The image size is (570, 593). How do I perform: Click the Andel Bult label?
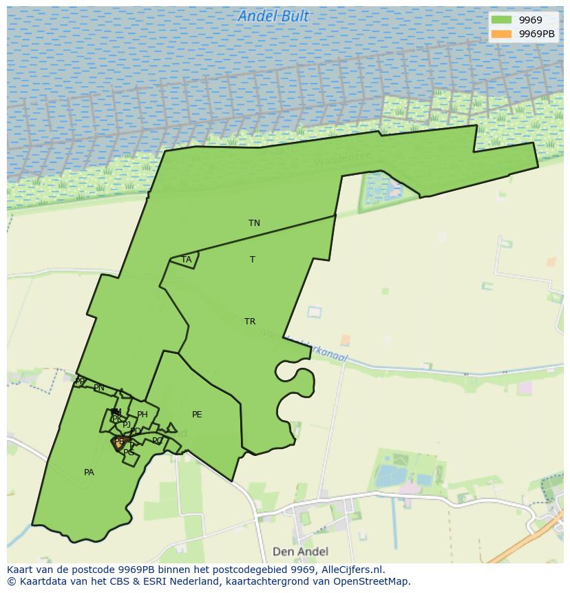click(x=273, y=16)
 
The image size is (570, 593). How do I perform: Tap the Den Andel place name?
click(x=300, y=551)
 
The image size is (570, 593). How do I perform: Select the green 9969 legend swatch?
click(x=502, y=20)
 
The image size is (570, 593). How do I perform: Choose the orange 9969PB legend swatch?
click(x=502, y=34)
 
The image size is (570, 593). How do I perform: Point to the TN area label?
click(x=254, y=223)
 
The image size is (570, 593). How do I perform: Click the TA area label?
click(x=187, y=260)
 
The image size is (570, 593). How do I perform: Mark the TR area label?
click(x=250, y=322)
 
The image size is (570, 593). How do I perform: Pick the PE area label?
click(x=197, y=415)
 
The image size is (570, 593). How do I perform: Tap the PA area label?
click(x=89, y=472)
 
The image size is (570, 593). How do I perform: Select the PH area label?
click(x=142, y=415)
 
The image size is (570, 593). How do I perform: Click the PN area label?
click(x=99, y=388)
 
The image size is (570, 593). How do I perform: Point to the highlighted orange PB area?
click(x=119, y=443)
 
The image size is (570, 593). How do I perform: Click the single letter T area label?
click(x=253, y=260)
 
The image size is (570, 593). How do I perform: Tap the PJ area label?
click(x=127, y=425)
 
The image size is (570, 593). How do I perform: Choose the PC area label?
click(x=158, y=441)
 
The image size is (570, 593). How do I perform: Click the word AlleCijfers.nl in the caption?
click(x=353, y=570)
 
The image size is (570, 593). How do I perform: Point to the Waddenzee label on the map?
click(x=342, y=159)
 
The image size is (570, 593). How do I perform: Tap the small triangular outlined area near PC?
click(x=171, y=428)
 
